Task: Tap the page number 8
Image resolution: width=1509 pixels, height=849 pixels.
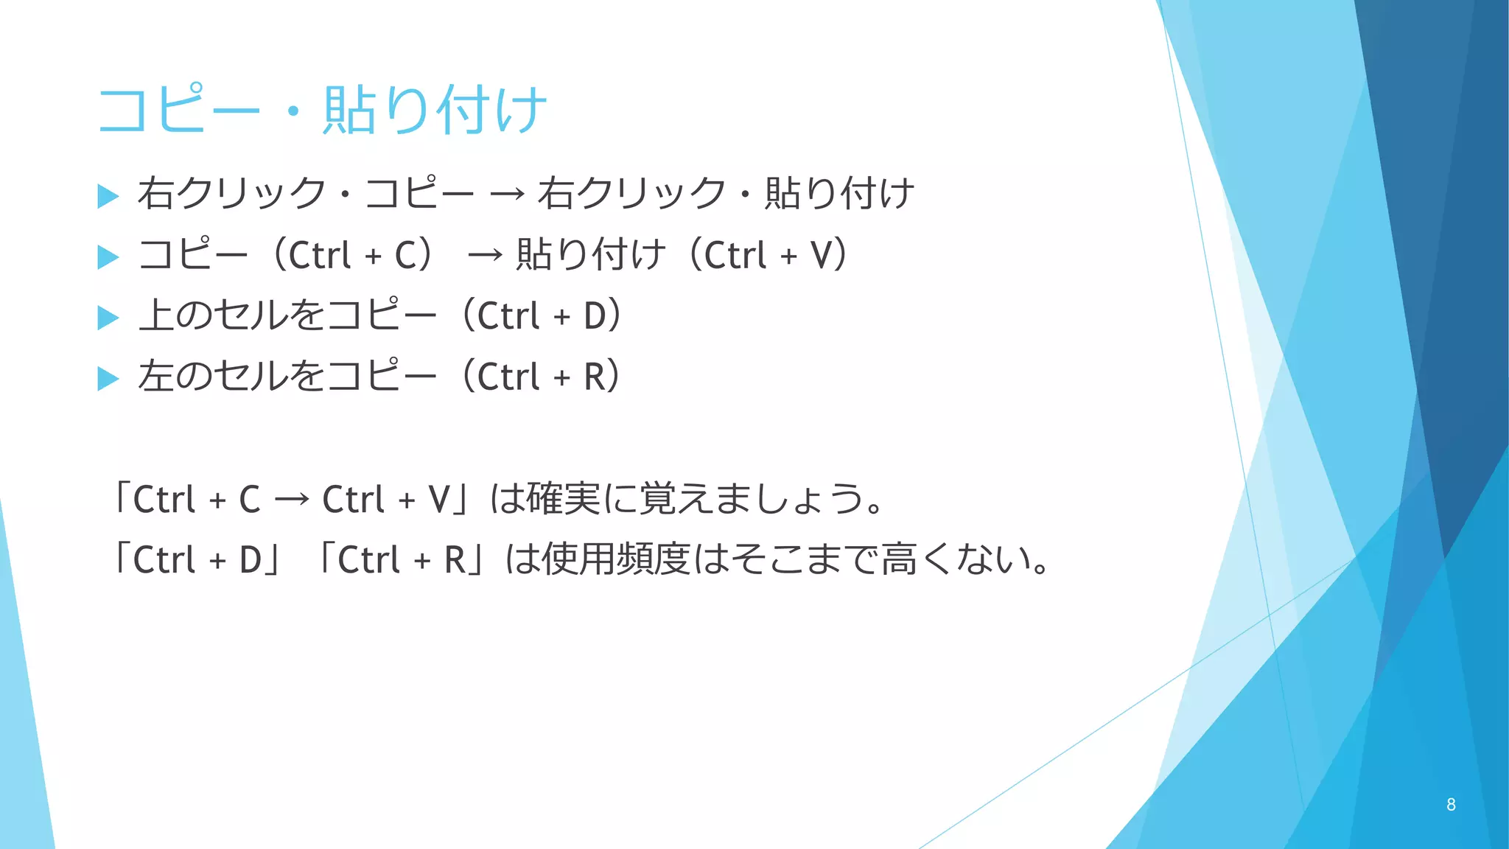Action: (x=1450, y=804)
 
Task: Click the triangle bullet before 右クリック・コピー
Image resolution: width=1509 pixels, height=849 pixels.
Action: (x=108, y=196)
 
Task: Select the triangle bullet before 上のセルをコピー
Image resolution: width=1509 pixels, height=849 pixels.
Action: (x=108, y=318)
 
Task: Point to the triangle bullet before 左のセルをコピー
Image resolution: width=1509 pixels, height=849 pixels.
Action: (x=108, y=379)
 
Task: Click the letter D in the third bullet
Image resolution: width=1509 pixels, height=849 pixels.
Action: (x=595, y=317)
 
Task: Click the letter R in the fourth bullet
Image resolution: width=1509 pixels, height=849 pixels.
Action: (x=595, y=377)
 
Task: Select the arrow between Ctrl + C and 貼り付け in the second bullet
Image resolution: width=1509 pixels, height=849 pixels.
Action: (x=486, y=256)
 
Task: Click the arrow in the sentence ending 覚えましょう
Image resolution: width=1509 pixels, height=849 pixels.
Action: (x=292, y=500)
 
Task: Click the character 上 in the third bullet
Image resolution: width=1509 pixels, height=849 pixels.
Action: (x=155, y=315)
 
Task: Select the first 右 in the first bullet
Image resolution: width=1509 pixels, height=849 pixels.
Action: (x=155, y=194)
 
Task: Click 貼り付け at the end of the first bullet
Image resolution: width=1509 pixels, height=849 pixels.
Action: (x=839, y=194)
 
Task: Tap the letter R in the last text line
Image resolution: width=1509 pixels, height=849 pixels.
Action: (x=455, y=560)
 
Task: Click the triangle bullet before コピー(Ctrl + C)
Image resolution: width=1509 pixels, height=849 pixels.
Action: (x=108, y=257)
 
